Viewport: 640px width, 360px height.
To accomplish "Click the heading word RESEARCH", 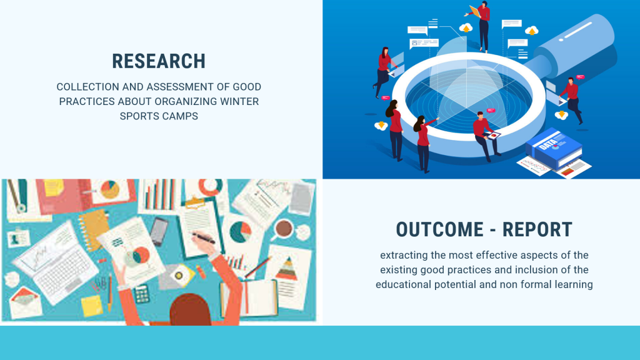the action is click(159, 62).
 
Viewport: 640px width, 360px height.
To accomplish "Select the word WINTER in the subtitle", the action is click(239, 102).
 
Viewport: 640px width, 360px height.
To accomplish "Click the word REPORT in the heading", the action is click(537, 229).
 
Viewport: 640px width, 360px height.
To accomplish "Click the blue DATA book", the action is click(554, 149).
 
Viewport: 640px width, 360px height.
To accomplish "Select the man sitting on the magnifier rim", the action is click(486, 136).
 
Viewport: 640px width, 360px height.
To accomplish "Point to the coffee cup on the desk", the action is click(284, 229).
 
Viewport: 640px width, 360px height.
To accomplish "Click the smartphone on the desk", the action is click(159, 231).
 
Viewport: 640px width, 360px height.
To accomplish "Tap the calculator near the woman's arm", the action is click(141, 294).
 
